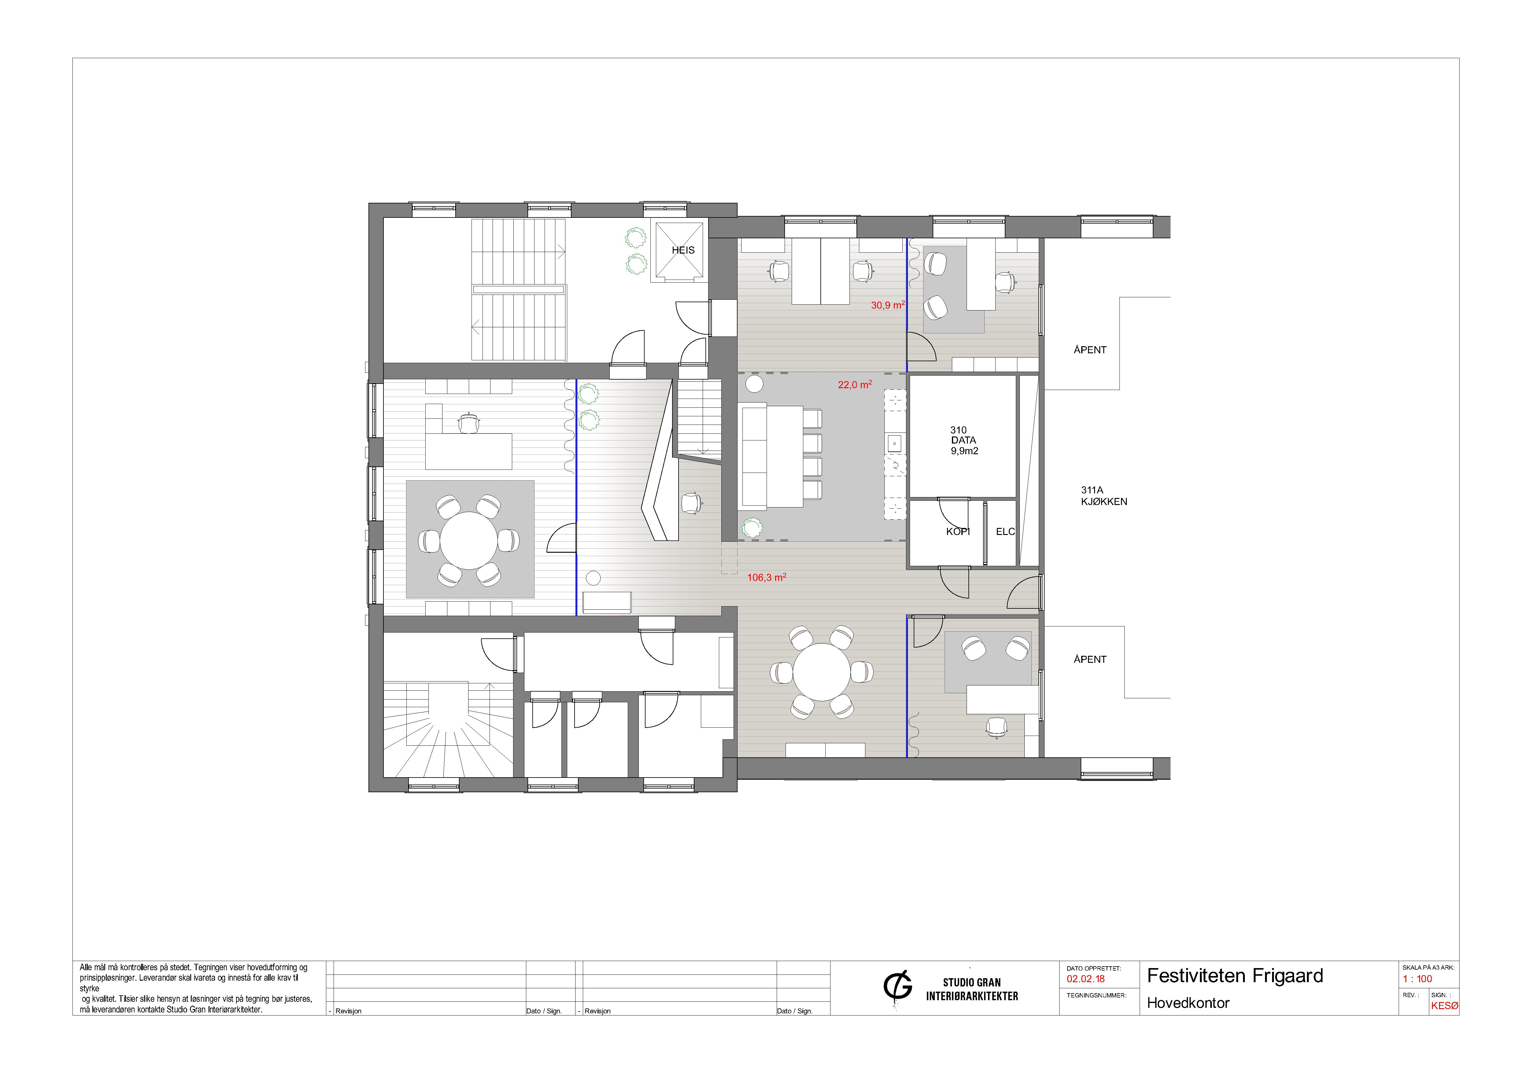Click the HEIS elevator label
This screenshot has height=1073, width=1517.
tap(683, 251)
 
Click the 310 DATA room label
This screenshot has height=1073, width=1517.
tap(964, 440)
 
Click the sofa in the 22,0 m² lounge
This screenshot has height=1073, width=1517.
tap(755, 457)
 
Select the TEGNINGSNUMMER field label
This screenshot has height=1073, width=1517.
tap(1096, 995)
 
